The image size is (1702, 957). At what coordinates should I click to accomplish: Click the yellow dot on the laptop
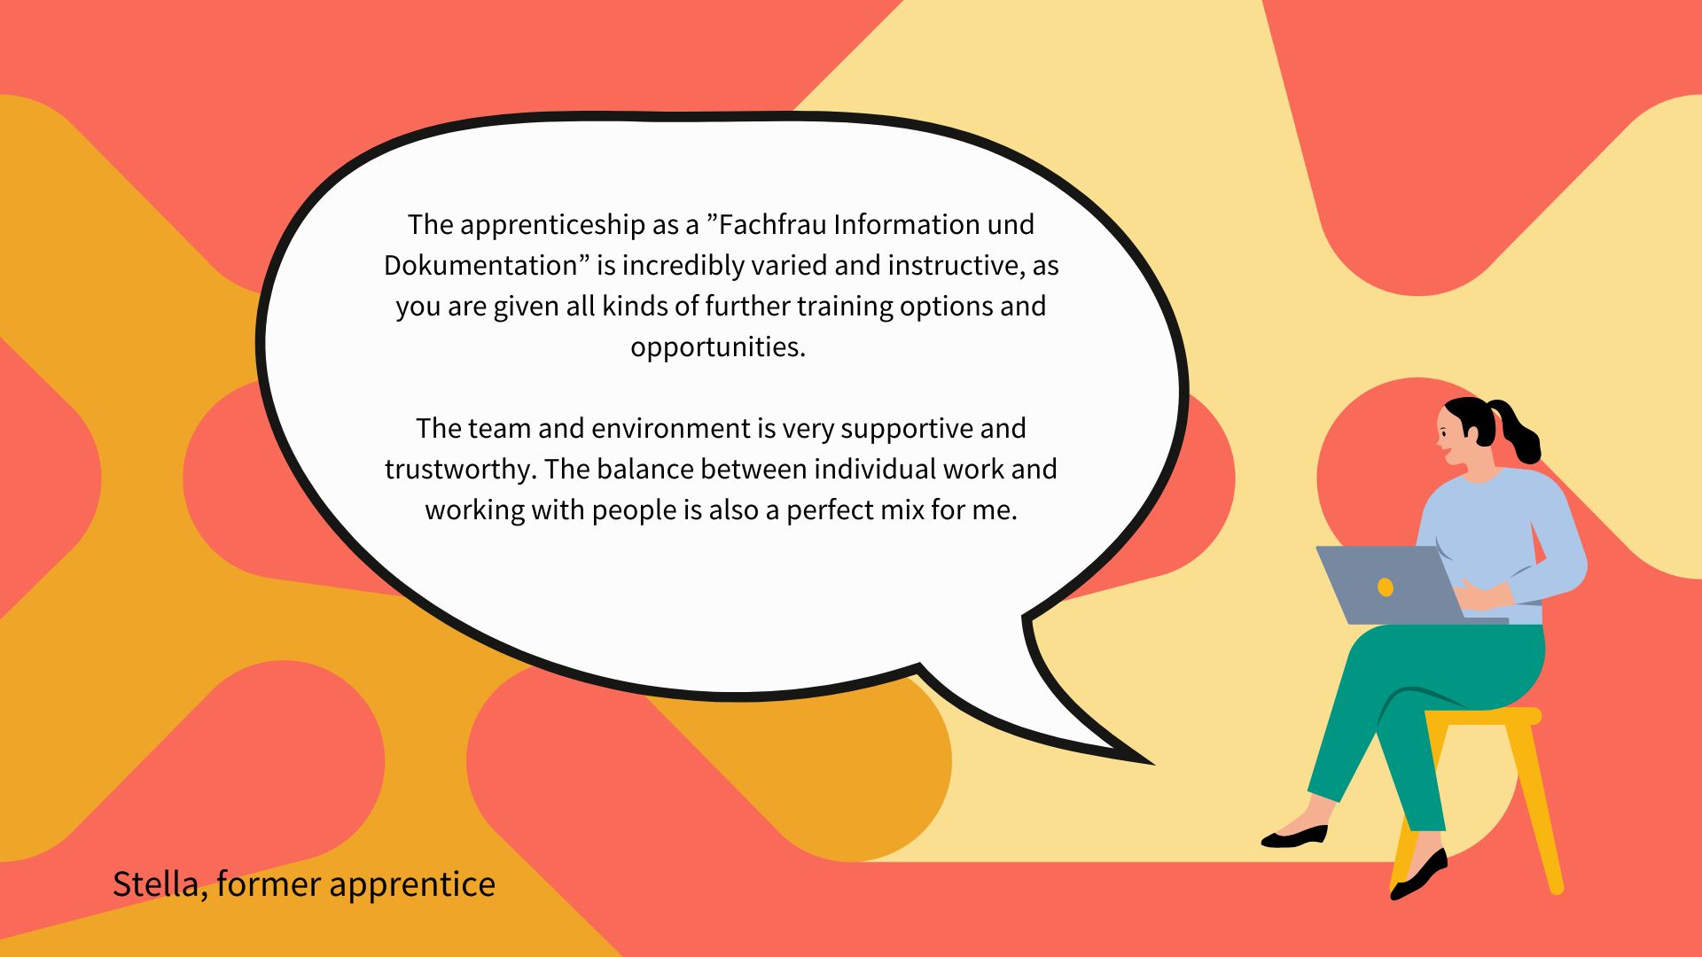pos(1386,587)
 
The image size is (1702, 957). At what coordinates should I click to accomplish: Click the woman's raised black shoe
pos(1295,836)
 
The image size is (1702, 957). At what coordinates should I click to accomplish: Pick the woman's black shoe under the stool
pos(1419,875)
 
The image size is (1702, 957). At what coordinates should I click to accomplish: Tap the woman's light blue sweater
pos(1498,541)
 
